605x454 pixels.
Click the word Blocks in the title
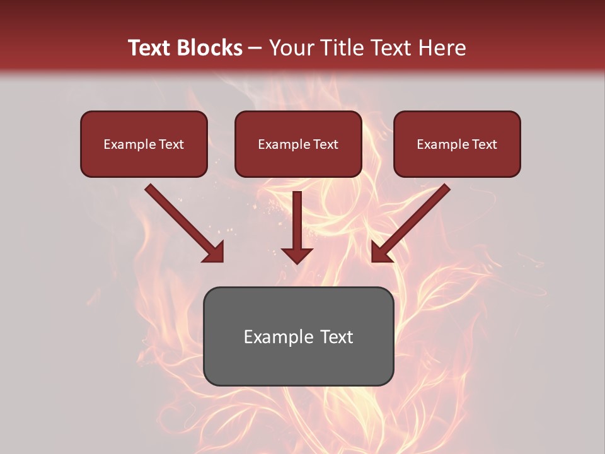coord(210,48)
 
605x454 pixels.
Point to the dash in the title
coord(255,48)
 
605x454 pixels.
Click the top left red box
coord(144,144)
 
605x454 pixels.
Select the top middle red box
coord(298,144)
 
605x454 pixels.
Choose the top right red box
coord(457,144)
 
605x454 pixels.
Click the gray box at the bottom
coord(298,336)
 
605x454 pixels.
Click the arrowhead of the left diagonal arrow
coord(214,253)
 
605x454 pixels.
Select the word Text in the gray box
coord(337,337)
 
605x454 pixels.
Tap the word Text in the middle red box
coord(325,144)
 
